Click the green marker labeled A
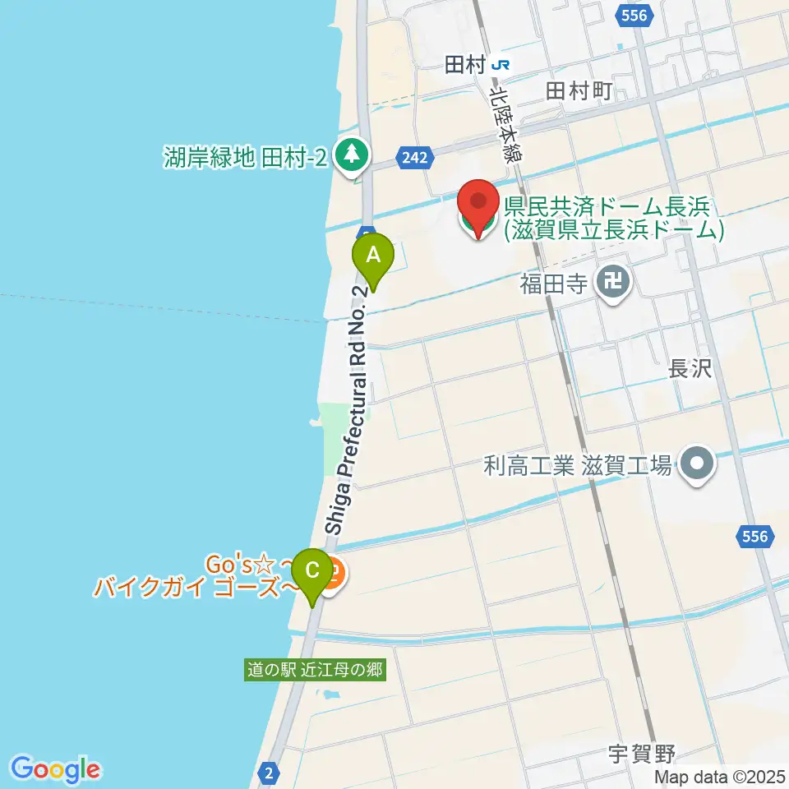pos(373,256)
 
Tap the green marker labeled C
pos(312,570)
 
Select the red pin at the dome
pos(478,204)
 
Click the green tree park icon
pos(353,154)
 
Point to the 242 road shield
pos(416,156)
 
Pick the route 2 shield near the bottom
pos(269,773)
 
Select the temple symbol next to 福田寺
pos(613,284)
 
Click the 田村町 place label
pos(579,92)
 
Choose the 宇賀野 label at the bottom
pos(642,752)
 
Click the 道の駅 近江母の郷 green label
pos(316,670)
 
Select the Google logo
pos(56,770)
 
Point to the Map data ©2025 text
pos(720,777)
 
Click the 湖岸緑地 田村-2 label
pos(245,154)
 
